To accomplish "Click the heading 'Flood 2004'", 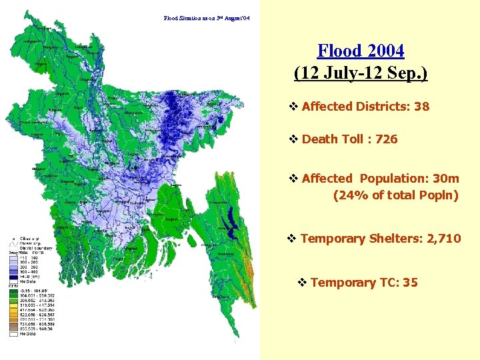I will tap(361, 51).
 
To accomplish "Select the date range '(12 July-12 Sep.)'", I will tap(361, 72).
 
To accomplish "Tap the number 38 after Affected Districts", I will tap(421, 106).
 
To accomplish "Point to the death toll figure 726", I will tap(386, 139).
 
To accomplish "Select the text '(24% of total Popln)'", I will tap(396, 195).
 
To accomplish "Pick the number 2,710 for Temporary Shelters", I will tap(442, 238).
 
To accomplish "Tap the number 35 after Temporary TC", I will tap(410, 282).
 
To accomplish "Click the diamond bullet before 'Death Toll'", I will tap(293, 139).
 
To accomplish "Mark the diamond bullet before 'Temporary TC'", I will tap(302, 282).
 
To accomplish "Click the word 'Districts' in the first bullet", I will tap(383, 106).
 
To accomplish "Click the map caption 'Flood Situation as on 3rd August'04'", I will tap(207, 18).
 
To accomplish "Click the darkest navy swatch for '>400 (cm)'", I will tap(13, 275).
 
